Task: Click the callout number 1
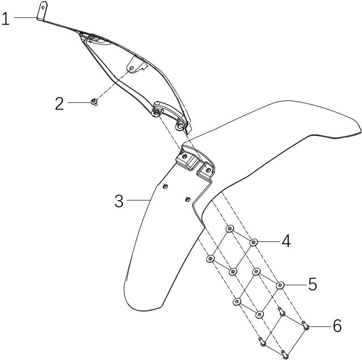[x=6, y=19]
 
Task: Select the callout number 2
[x=59, y=104]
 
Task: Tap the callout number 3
[x=119, y=201]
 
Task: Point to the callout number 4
[x=286, y=242]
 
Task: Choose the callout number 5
[x=313, y=284]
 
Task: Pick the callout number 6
[x=337, y=326]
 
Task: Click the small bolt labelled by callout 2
[x=94, y=102]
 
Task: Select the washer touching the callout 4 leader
[x=253, y=242]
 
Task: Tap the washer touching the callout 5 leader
[x=280, y=285]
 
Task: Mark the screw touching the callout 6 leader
[x=306, y=325]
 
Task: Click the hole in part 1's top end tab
[x=43, y=7]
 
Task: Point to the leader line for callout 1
[x=26, y=17]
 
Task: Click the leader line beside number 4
[x=269, y=241]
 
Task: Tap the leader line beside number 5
[x=295, y=285]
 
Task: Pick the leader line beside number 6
[x=320, y=326]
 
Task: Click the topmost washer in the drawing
[x=230, y=229]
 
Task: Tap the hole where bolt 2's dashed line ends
[x=132, y=68]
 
